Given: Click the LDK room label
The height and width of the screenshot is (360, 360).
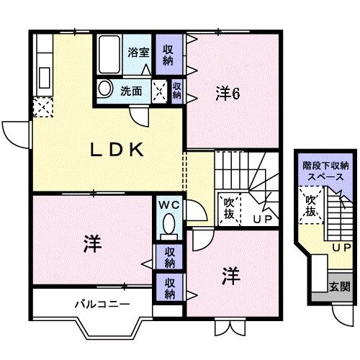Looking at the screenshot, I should pos(119,150).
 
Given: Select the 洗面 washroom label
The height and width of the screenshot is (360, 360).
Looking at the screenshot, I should pos(131,91).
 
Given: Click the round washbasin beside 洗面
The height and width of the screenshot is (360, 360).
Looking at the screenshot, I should pos(106,89).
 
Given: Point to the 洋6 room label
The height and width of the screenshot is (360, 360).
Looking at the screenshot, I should pos(228,93).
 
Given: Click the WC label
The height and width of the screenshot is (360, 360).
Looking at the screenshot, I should pos(168,204).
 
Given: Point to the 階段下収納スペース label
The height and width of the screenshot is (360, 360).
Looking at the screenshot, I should pos(323,171).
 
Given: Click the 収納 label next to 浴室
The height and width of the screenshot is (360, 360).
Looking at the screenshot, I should pos(168,55).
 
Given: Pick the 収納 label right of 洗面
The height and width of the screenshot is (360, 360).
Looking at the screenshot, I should pos(177,90).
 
